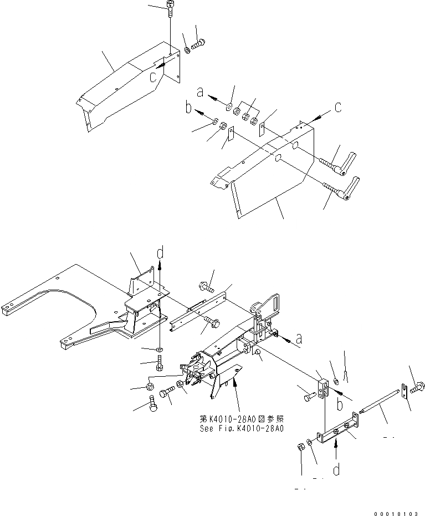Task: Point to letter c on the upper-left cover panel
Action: (x=152, y=75)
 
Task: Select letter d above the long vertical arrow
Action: (x=160, y=254)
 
